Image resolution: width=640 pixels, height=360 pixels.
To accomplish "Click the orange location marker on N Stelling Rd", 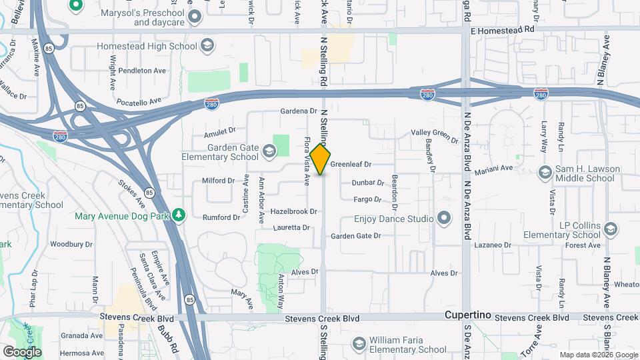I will click(321, 159).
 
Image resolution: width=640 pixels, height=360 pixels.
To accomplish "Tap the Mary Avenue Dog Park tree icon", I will click(178, 214).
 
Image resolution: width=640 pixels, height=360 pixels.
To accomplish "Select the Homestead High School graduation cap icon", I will click(207, 46).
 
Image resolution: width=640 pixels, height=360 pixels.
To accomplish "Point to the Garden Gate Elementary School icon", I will click(269, 151).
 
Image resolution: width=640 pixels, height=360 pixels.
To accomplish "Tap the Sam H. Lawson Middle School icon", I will click(545, 172).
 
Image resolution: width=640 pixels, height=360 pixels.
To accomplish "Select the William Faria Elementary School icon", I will click(359, 343).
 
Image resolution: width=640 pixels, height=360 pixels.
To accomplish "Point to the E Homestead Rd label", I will click(503, 30).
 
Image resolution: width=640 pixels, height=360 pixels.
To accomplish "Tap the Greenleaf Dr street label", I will click(350, 163).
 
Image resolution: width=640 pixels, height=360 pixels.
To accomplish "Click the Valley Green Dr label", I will click(434, 135).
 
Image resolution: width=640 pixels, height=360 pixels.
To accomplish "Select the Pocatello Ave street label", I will click(139, 101).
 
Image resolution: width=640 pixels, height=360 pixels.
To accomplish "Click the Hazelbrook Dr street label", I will click(294, 211).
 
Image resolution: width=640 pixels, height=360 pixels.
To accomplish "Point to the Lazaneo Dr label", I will click(493, 245).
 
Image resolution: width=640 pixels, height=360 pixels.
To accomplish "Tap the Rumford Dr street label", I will click(222, 217).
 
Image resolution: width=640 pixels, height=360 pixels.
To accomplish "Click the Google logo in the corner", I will click(22, 351).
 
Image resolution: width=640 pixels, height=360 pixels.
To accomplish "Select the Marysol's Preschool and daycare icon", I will click(195, 16).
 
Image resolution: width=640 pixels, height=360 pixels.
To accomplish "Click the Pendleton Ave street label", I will click(141, 70).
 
